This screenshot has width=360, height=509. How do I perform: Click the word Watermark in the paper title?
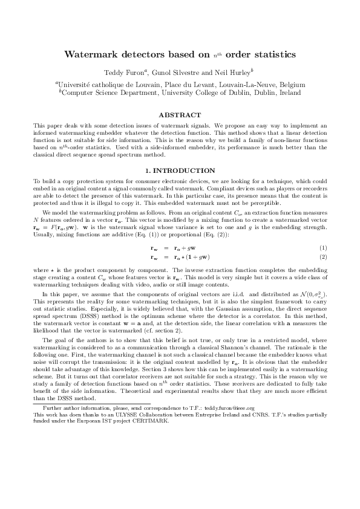click(x=93, y=54)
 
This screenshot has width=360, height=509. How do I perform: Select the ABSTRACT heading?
click(x=179, y=114)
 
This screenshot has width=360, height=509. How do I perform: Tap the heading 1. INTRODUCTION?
click(x=180, y=171)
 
